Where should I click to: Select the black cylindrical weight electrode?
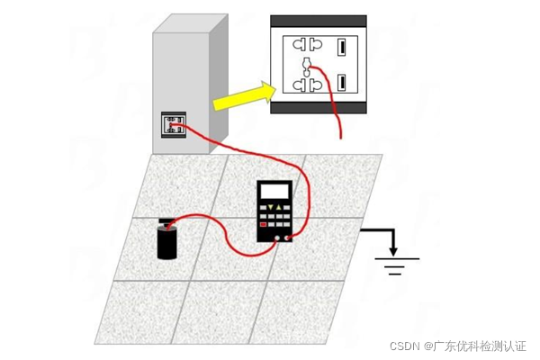[167, 242]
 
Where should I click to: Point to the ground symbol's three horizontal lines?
[394, 265]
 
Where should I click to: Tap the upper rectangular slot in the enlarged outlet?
[342, 46]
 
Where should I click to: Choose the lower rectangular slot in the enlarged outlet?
[342, 84]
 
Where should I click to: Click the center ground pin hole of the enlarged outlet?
[306, 65]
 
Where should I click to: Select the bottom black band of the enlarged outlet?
[319, 108]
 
